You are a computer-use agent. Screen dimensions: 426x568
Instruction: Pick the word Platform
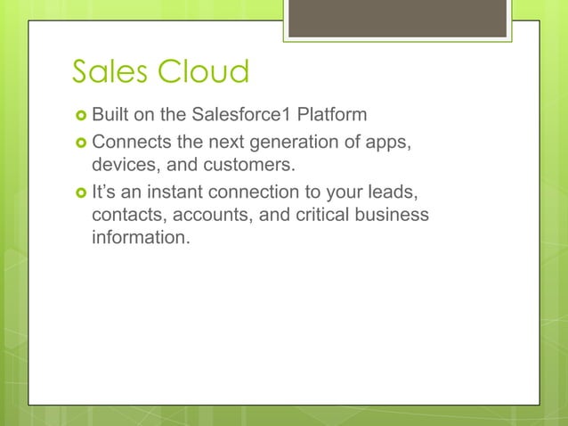(x=331, y=115)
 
